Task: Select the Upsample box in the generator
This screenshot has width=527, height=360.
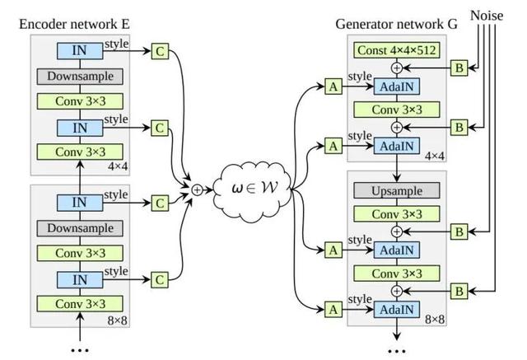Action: pos(396,191)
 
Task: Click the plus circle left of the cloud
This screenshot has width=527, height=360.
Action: pos(197,189)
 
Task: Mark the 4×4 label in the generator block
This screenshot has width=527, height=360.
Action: pos(433,154)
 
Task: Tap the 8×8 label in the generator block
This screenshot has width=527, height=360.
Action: pos(433,319)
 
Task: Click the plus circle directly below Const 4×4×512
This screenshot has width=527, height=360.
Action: pos(396,68)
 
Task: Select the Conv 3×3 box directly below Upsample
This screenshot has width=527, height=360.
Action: pos(396,213)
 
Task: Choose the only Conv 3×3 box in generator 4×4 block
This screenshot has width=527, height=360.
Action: pos(396,109)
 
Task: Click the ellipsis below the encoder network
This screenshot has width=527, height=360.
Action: pos(81,349)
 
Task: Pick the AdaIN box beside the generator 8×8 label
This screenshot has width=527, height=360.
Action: pos(396,309)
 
